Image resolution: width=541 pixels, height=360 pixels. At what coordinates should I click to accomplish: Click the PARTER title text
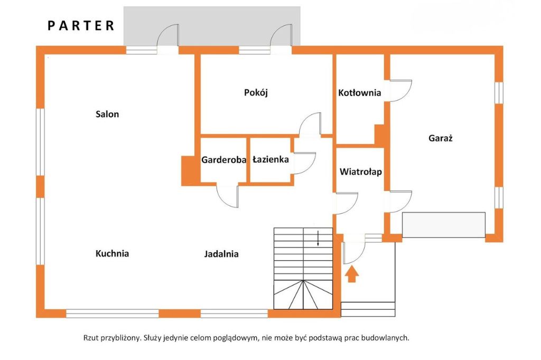[x=81, y=25]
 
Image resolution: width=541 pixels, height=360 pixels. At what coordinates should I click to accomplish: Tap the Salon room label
[x=107, y=114]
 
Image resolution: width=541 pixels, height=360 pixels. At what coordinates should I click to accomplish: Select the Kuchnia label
[x=112, y=253]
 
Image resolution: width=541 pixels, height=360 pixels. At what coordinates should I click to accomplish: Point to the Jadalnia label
[x=221, y=254]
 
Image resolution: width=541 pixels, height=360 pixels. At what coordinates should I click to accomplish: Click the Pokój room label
[x=256, y=92]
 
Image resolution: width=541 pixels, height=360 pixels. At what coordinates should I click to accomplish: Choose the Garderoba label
[x=224, y=159]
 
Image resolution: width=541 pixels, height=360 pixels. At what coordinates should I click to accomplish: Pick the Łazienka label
[x=270, y=159]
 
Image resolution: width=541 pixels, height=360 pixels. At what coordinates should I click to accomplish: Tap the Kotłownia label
[x=359, y=93]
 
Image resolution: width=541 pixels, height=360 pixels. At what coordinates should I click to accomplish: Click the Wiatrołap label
[x=361, y=172]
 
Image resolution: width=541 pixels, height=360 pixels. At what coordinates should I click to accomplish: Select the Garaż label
[x=442, y=139]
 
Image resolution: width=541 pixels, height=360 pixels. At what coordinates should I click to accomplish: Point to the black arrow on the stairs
[x=318, y=239]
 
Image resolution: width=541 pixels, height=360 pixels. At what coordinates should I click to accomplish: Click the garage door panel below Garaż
[x=443, y=225]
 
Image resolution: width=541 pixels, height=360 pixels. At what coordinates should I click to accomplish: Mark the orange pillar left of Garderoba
[x=188, y=170]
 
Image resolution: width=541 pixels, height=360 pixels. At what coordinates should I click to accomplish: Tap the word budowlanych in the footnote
[x=385, y=338]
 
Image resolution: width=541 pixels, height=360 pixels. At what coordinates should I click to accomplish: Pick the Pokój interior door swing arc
[x=310, y=125]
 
